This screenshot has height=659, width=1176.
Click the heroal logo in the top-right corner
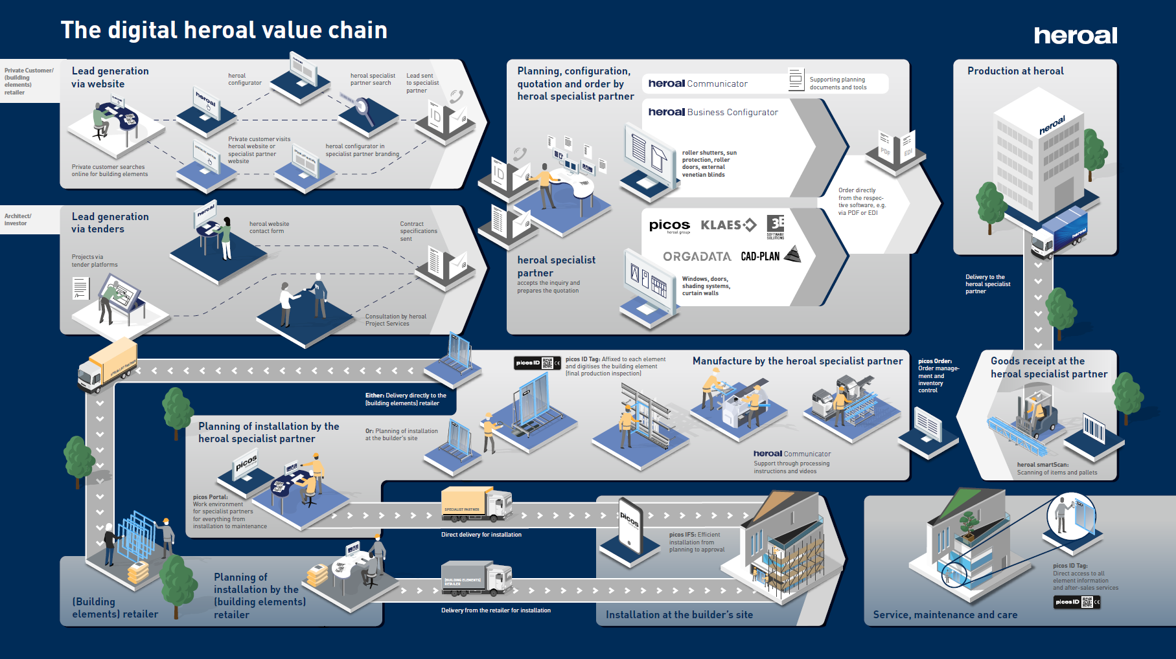click(x=1075, y=36)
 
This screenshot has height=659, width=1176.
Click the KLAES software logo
click(x=728, y=225)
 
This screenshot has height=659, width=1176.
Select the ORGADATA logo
click(x=697, y=256)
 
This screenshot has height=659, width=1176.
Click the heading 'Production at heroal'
click(x=1015, y=71)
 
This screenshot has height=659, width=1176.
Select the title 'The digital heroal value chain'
click(x=224, y=30)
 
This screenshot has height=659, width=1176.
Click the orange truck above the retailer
click(x=106, y=366)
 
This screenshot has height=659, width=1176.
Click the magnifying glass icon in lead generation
click(x=362, y=109)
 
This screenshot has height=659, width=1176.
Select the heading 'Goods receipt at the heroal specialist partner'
click(x=1048, y=367)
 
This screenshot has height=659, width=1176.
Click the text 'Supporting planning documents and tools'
click(x=837, y=84)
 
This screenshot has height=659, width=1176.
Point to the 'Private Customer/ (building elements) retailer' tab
click(x=29, y=82)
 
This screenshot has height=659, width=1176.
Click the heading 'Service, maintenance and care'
click(x=945, y=615)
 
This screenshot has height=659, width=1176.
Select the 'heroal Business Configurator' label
click(x=713, y=112)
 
